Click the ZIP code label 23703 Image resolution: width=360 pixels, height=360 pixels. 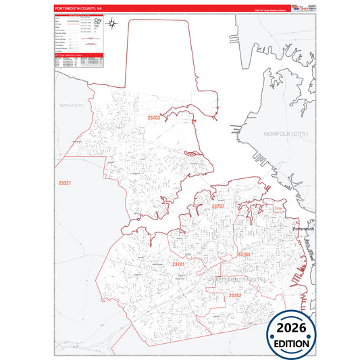point(154,118)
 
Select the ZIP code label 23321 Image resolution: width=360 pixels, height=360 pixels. point(65,183)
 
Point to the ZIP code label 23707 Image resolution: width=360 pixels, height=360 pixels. point(218,206)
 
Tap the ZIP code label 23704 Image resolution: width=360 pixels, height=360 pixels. point(244,255)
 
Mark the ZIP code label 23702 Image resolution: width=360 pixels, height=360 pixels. point(234,295)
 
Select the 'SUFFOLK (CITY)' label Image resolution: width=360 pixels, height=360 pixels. point(71,106)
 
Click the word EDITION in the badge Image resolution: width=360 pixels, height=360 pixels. point(291,343)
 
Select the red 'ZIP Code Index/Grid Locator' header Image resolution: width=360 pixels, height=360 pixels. point(78,56)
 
